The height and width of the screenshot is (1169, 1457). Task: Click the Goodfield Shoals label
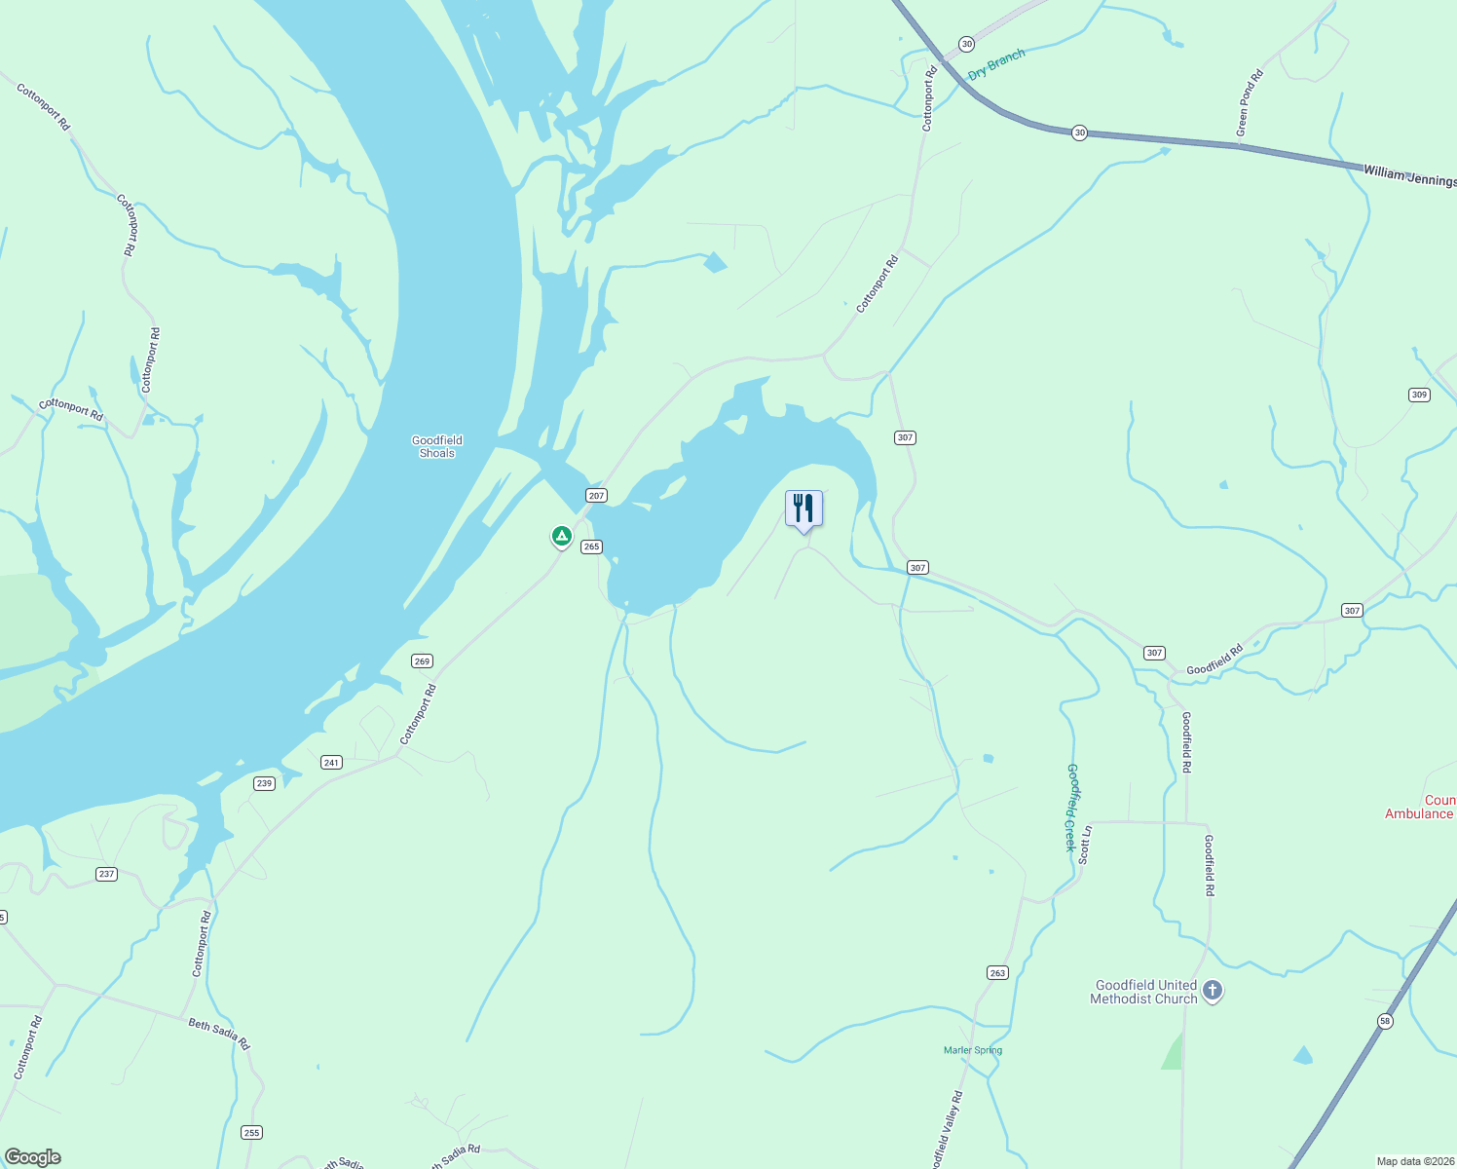(x=437, y=446)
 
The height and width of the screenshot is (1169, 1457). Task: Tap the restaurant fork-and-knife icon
(x=803, y=508)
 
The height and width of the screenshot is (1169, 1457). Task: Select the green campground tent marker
(x=561, y=536)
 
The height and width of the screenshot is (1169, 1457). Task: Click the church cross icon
(x=1213, y=992)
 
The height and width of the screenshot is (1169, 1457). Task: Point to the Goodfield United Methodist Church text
(x=1143, y=992)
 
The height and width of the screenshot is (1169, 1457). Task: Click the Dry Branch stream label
(x=996, y=65)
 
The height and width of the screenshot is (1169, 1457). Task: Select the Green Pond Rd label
(x=1250, y=102)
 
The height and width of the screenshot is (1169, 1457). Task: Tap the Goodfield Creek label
(x=1071, y=808)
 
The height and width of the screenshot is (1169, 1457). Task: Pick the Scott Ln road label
(x=1086, y=845)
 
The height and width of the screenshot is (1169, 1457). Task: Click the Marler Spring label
(x=973, y=1050)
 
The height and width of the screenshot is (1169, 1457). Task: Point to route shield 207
(x=596, y=496)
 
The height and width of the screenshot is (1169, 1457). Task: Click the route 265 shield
(x=591, y=547)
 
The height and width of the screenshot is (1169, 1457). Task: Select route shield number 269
(x=422, y=661)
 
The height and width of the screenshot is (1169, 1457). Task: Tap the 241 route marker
(x=331, y=763)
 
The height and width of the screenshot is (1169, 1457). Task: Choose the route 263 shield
(x=997, y=973)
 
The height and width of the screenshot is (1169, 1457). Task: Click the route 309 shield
(x=1419, y=395)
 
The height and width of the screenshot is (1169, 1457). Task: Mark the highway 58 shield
(x=1385, y=1021)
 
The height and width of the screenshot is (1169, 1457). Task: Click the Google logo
(x=33, y=1157)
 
